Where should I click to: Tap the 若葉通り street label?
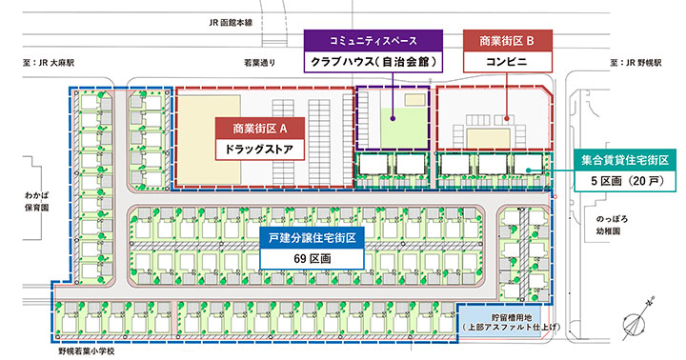[260, 63]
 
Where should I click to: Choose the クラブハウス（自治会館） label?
[373, 62]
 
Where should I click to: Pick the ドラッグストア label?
[260, 150]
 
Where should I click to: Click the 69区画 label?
[312, 258]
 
